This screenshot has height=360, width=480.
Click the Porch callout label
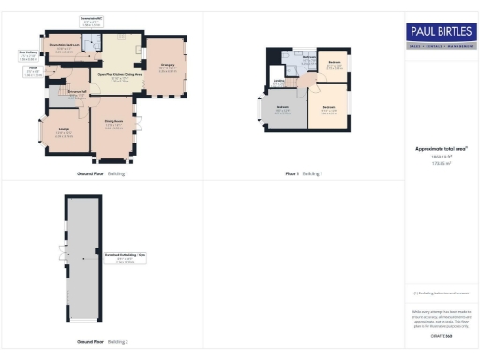pos(32,70)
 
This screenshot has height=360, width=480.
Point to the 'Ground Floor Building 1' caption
pos(102,174)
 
